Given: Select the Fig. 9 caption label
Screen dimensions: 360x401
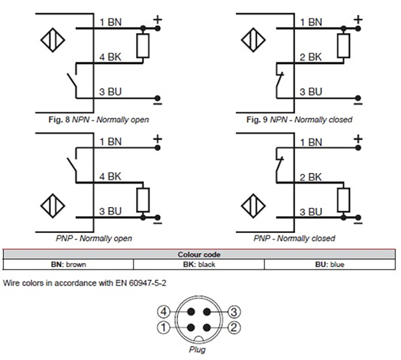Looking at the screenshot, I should point(298,120).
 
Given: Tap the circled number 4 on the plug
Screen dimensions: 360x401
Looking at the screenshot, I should point(163,312).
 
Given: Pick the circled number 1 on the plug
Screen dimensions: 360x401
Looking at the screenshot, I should point(163,329).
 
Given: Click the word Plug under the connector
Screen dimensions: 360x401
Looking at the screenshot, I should point(197,349).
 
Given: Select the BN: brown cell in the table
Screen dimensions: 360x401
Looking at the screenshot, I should point(68,264).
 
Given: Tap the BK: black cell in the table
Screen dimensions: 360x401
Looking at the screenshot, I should point(198,264).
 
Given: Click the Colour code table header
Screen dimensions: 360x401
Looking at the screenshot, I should point(198,255).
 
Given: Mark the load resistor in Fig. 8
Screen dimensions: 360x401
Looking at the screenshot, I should point(143,46).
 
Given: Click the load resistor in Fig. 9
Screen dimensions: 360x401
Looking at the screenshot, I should point(343,46).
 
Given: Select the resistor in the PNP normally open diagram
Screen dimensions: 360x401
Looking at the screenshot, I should point(143,199).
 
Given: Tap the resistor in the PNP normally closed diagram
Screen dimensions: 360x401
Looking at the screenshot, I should point(343,199).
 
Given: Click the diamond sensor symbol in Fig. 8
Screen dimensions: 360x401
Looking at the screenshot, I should point(53,41).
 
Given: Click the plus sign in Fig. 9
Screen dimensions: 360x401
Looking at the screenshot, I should point(358,21).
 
